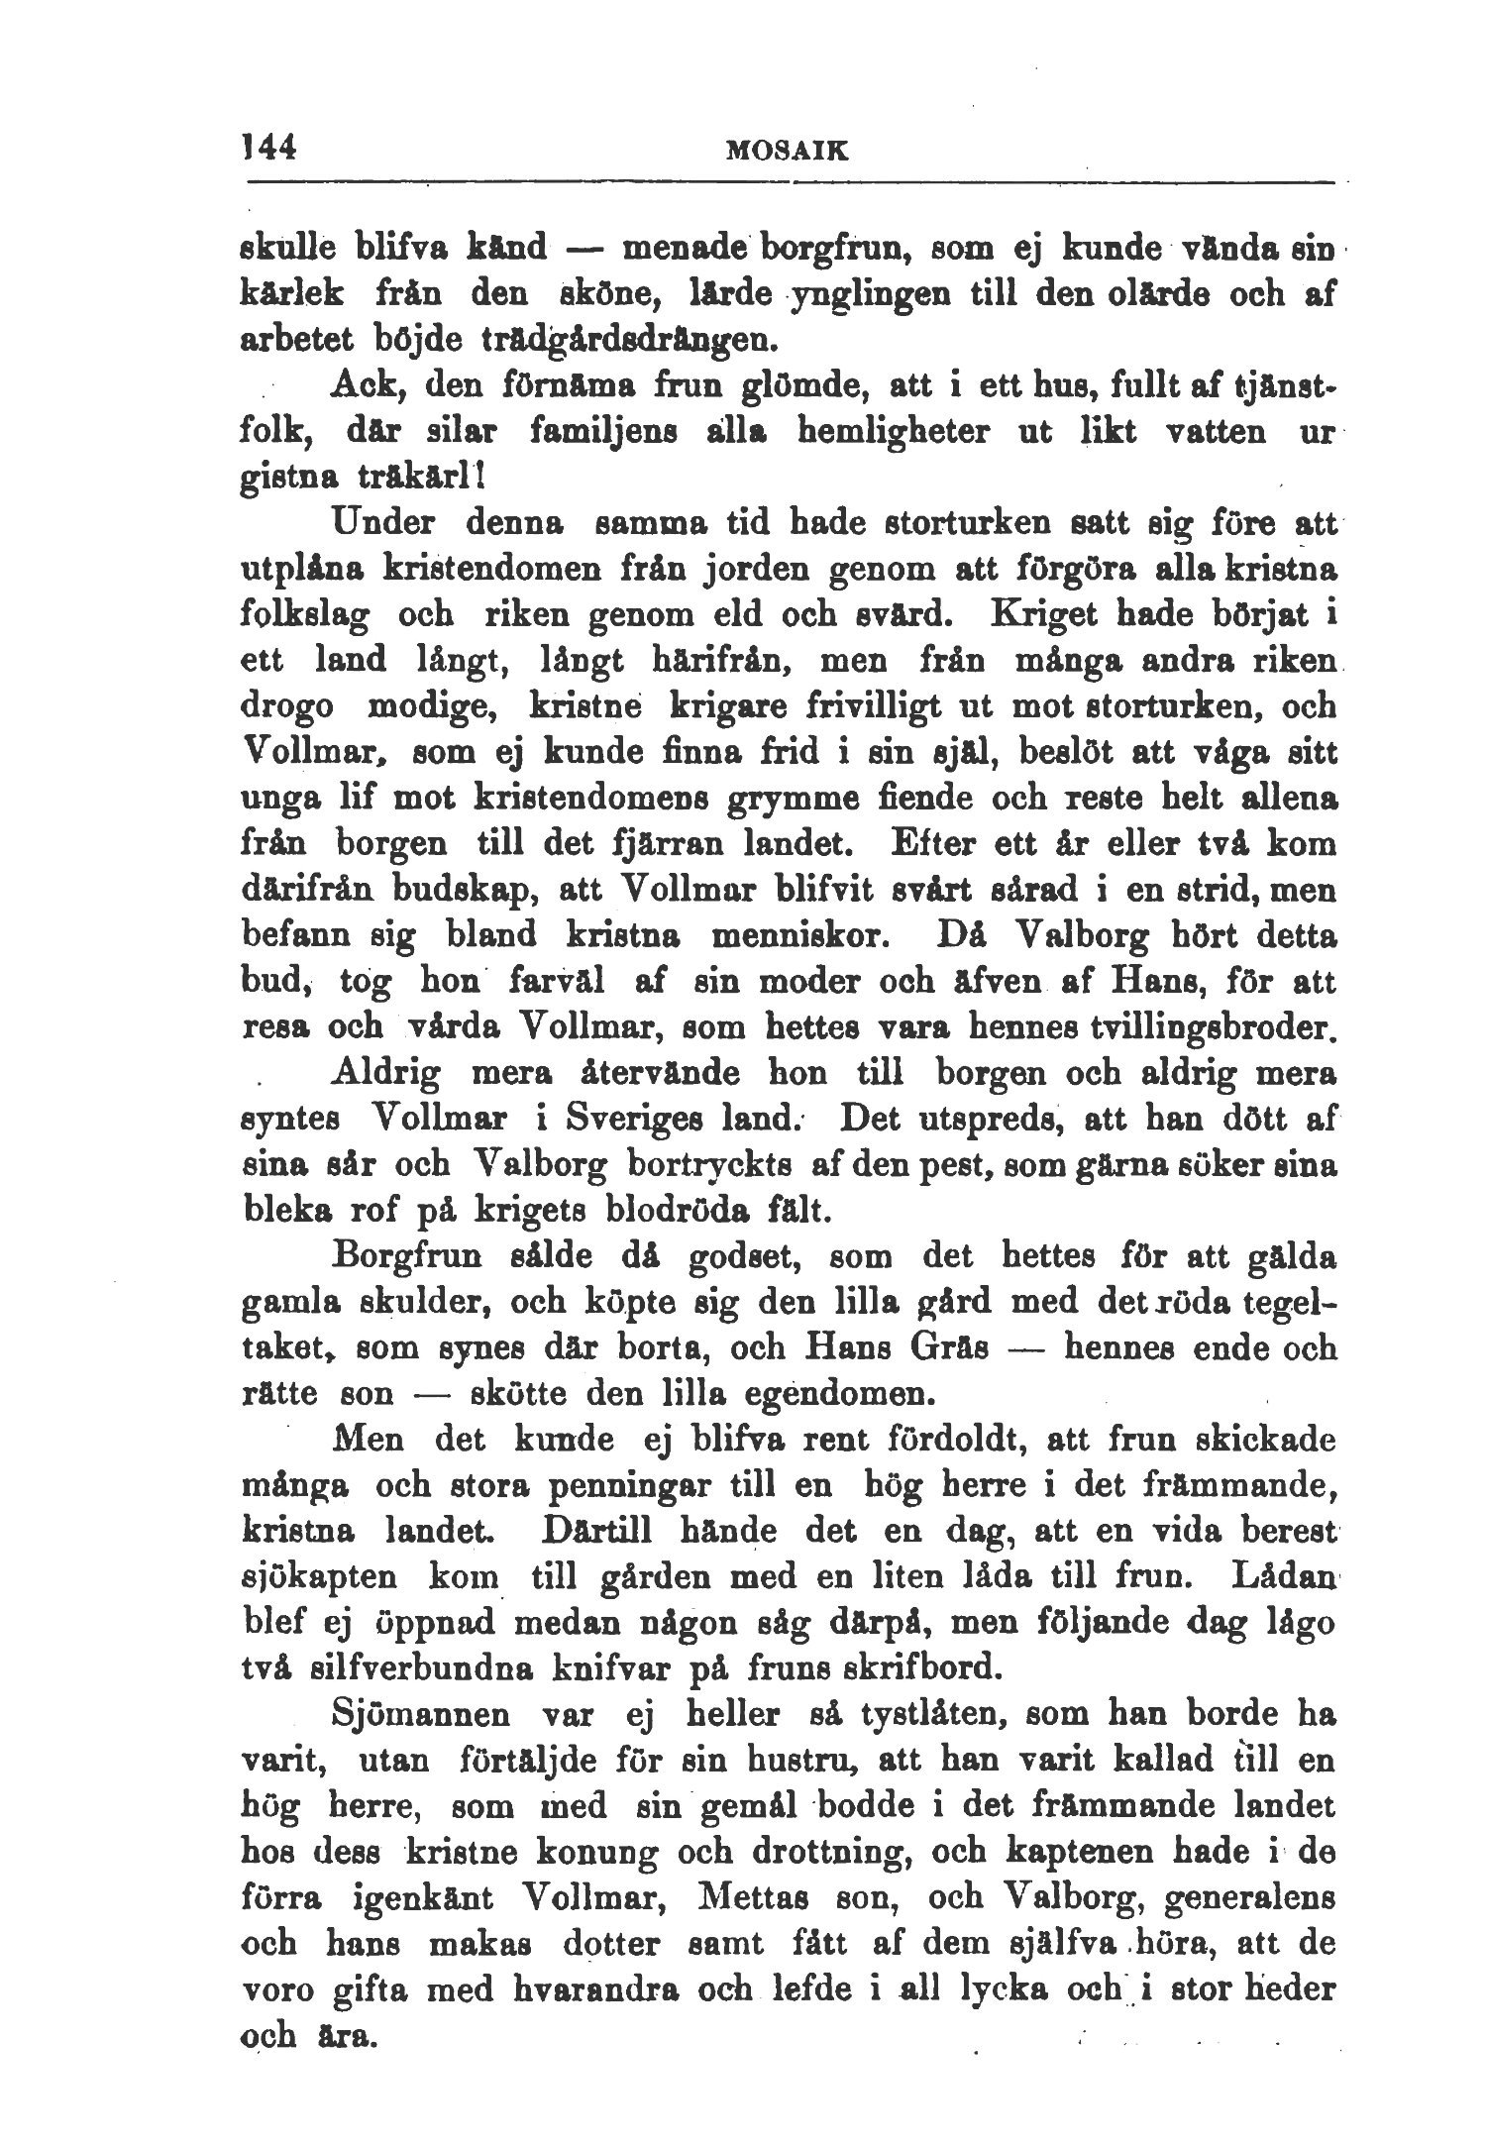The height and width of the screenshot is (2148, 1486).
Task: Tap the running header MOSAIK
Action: click(789, 151)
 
